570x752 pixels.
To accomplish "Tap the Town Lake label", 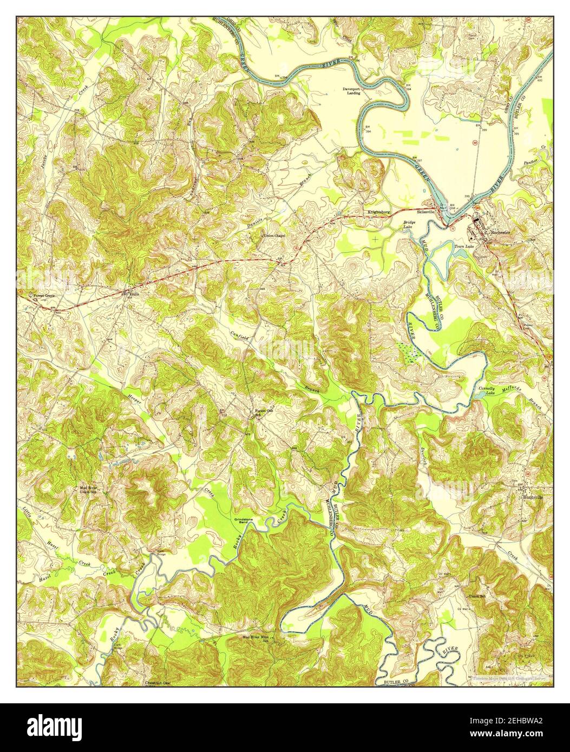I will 463,247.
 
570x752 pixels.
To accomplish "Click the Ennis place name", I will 134,294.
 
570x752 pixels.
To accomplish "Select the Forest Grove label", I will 45,296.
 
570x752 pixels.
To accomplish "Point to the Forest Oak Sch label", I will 265,413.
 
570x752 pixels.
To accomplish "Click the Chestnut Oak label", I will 158,683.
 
